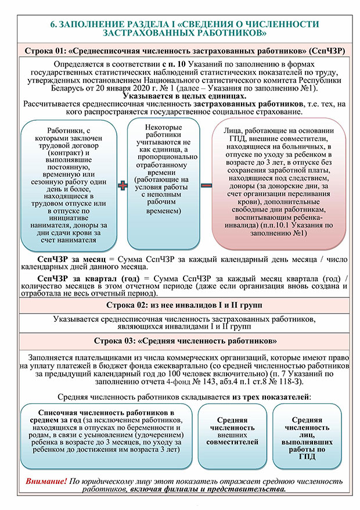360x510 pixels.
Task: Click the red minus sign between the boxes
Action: (206, 186)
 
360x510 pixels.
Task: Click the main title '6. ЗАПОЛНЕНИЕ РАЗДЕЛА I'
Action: (184, 28)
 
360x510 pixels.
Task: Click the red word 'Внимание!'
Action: (46, 482)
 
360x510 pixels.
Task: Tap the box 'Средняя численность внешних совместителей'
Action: (232, 431)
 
